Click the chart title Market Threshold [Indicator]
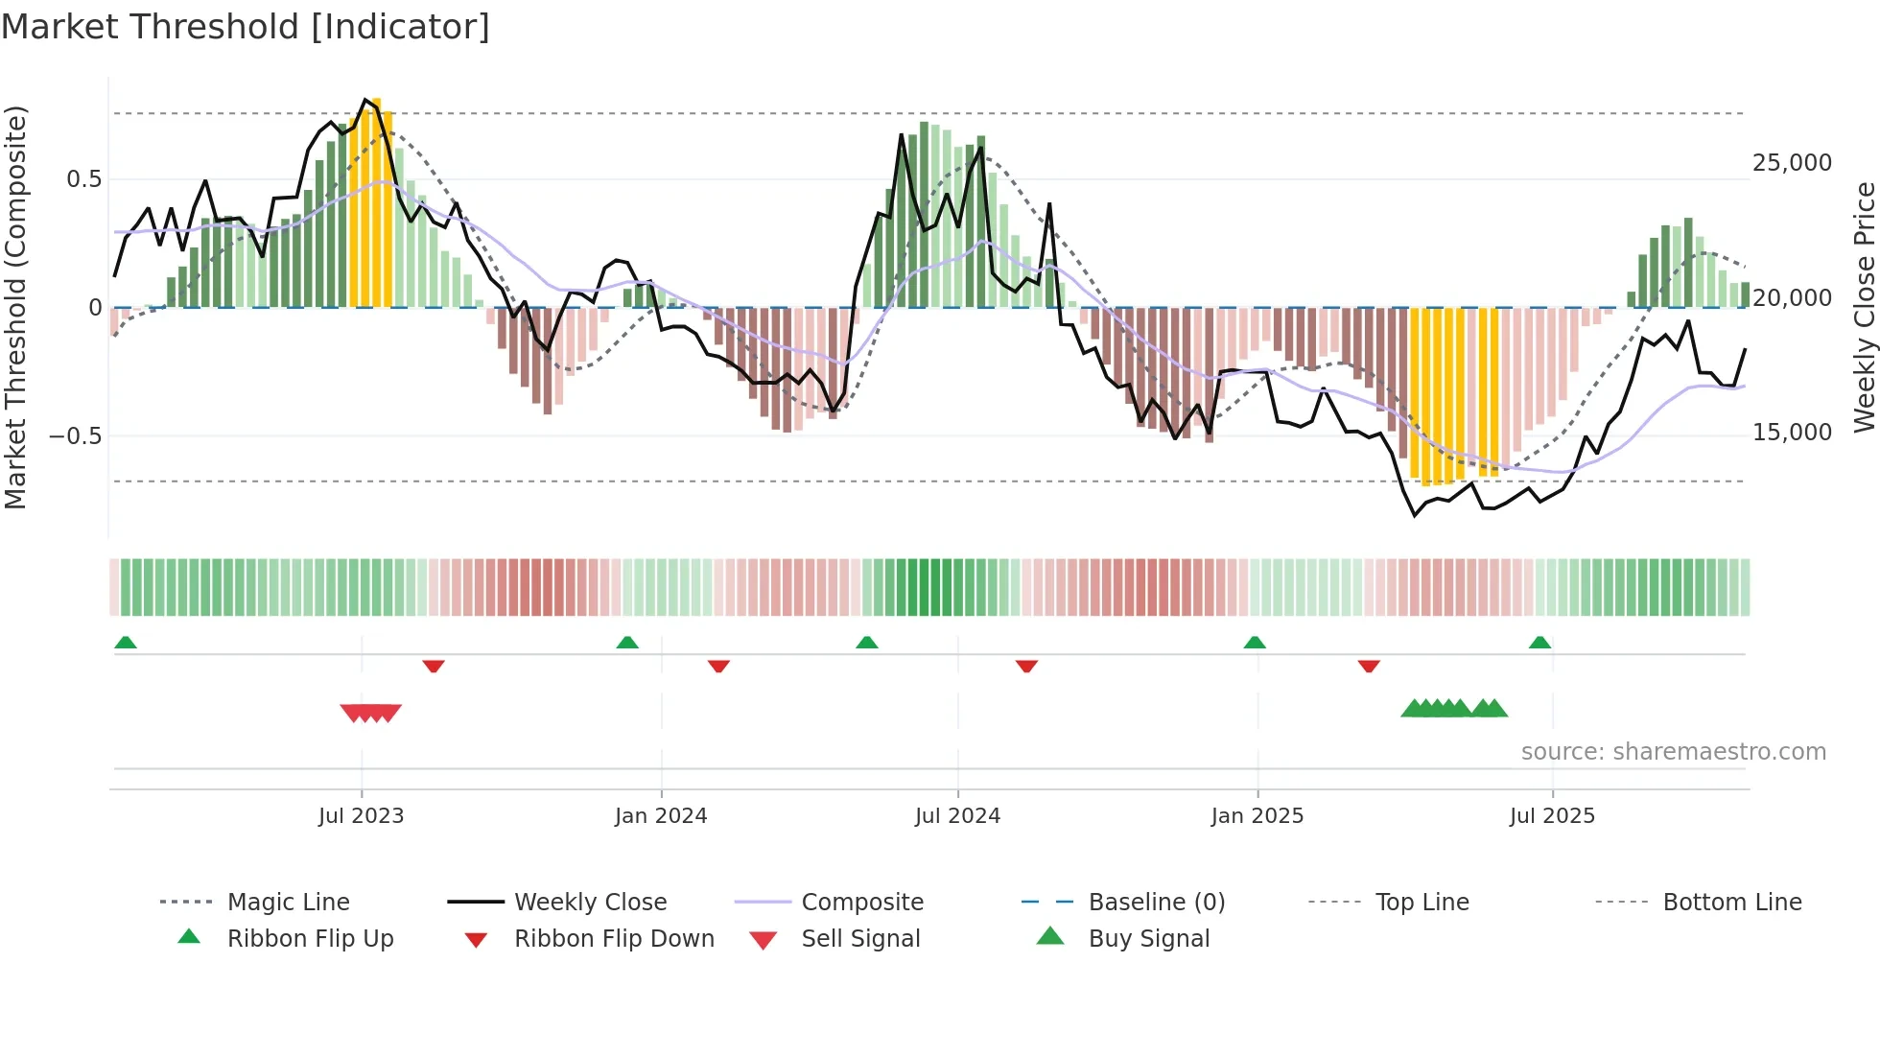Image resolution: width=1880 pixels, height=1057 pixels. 246,27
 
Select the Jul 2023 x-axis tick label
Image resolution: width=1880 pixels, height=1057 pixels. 361,816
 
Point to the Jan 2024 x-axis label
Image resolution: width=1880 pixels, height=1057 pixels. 661,816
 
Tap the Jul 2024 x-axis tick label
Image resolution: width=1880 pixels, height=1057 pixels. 957,816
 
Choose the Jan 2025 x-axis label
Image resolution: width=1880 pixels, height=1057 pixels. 1257,816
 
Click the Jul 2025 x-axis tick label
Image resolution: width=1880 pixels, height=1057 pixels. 1552,816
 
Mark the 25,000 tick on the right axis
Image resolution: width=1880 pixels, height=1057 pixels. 1792,163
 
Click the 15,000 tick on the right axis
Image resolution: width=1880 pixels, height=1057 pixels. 1792,433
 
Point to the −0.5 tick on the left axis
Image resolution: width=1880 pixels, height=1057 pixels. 75,436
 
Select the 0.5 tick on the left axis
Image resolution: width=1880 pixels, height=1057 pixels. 83,179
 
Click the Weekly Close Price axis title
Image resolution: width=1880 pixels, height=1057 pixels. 1864,307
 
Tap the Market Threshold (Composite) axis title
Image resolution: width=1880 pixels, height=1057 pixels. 15,307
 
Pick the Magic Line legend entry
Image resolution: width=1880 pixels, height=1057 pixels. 288,903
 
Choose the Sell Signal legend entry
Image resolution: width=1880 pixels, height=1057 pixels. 860,939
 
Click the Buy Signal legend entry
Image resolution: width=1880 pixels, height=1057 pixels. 1148,939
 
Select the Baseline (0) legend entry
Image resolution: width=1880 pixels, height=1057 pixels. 1156,903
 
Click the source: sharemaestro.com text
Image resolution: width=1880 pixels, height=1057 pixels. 1673,752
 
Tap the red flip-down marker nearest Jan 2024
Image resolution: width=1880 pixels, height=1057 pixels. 718,666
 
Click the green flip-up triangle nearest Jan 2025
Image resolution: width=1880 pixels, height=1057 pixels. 1255,643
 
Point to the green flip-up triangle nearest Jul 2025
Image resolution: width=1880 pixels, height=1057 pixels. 1539,643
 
